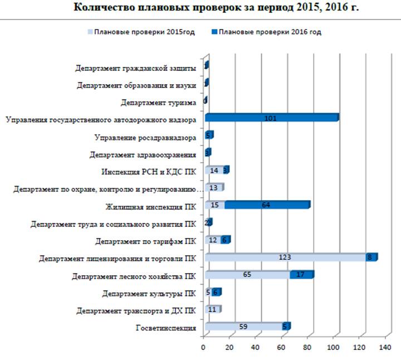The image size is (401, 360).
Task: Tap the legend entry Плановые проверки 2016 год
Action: point(270,32)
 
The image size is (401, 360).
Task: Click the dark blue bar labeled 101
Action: point(271,118)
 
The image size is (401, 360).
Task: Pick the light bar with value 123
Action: point(286,257)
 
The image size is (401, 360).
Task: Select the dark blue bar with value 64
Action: point(267,205)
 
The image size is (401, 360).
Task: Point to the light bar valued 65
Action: point(247,275)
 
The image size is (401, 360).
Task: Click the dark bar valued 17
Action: point(301,275)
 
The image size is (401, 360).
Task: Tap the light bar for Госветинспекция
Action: point(243,327)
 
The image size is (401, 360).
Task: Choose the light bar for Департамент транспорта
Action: point(212,309)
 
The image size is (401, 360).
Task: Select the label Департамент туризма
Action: point(158,103)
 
